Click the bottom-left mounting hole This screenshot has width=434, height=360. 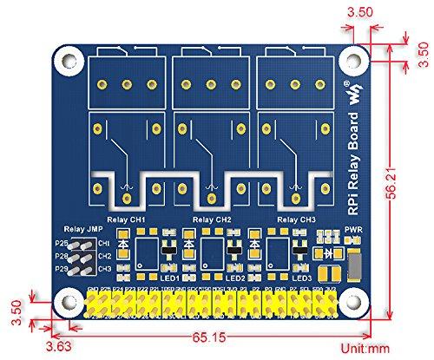pyautogui.click(x=66, y=301)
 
